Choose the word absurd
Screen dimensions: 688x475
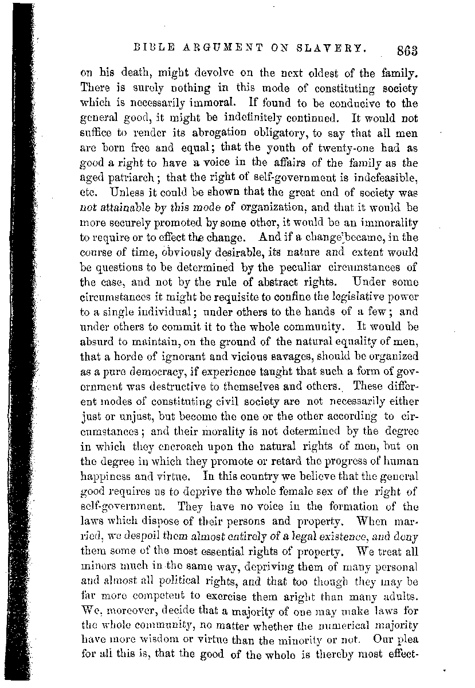[x=96, y=341]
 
